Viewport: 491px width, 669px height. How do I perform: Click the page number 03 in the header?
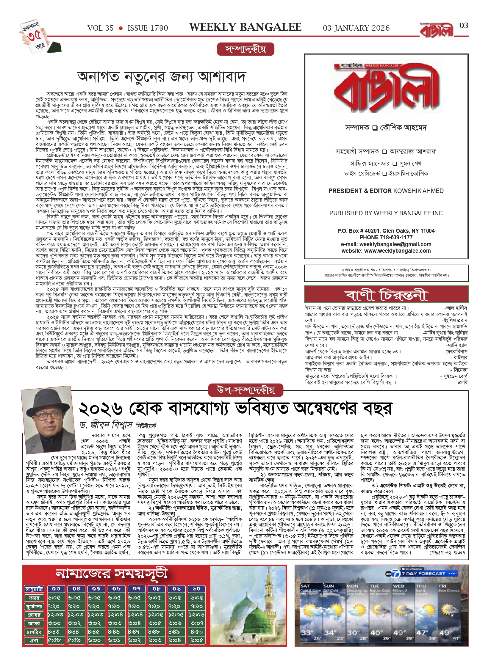pos(464,26)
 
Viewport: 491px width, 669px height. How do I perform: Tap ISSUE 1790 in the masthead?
pos(148,28)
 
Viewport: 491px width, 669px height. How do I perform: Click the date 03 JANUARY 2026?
pos(356,28)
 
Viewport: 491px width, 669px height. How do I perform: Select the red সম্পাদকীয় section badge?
pos(245,49)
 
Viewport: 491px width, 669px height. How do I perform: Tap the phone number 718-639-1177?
pos(396,237)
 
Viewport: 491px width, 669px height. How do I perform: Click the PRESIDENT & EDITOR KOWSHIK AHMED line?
pos(386,191)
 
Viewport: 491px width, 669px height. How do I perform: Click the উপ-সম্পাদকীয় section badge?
pos(245,390)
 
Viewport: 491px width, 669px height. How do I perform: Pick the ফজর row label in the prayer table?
pos(34,598)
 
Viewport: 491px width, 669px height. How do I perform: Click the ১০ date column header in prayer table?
pos(196,589)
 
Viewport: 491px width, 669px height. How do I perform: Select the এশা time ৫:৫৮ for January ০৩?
pos(54,640)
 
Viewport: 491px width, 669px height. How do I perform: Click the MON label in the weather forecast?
pos(352,586)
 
